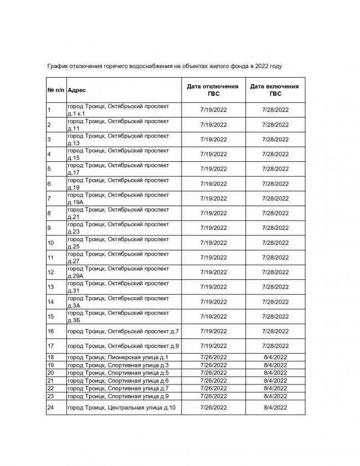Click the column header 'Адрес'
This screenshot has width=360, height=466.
click(x=77, y=90)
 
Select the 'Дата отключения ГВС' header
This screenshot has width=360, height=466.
click(x=213, y=90)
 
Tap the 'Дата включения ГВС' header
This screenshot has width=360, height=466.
click(x=275, y=90)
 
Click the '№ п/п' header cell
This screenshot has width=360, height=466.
click(x=56, y=90)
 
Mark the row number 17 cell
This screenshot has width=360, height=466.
click(x=51, y=346)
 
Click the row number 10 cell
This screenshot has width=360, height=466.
click(x=51, y=243)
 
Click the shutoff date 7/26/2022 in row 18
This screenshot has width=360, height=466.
click(x=213, y=357)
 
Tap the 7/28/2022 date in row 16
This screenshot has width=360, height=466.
click(x=275, y=331)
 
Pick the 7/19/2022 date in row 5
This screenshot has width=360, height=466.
click(x=213, y=169)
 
